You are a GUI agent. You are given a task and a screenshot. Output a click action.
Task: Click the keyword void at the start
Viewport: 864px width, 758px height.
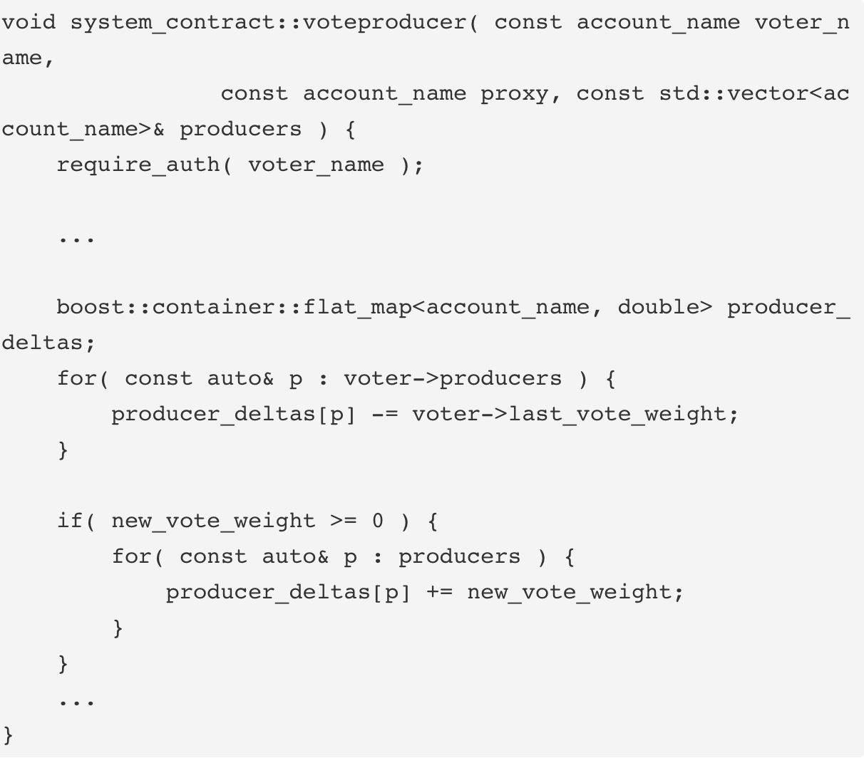point(29,22)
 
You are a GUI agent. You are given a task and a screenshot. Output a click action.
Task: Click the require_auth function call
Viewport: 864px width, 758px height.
point(139,165)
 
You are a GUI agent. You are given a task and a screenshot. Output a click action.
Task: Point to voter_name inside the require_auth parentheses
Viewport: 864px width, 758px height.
point(316,165)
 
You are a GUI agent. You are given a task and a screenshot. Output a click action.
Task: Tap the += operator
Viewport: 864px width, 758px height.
point(439,592)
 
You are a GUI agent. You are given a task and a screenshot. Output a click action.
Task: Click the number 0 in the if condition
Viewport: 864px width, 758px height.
point(378,521)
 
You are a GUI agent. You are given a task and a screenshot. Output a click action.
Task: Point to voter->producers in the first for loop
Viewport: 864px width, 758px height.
point(453,378)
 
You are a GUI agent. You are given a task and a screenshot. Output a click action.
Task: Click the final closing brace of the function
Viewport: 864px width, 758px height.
point(9,734)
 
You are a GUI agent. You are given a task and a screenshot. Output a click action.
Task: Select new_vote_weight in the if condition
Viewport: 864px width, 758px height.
point(213,521)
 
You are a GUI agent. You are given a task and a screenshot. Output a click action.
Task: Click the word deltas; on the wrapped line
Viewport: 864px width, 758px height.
point(48,343)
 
